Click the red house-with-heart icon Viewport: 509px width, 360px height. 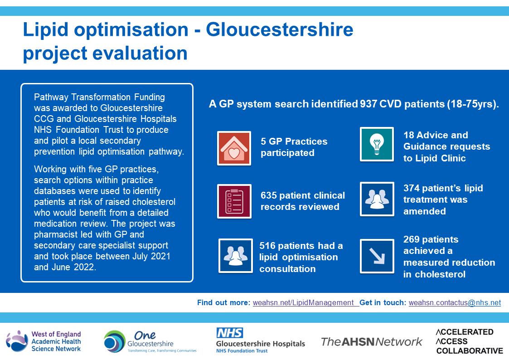[x=234, y=148]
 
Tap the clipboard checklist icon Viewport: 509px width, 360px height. [x=234, y=201]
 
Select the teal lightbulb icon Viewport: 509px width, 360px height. [x=377, y=144]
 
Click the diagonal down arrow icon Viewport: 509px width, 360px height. [x=377, y=256]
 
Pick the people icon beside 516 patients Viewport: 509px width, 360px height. [x=236, y=255]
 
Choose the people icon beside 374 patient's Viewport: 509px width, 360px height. [x=377, y=199]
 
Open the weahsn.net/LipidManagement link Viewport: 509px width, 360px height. [x=303, y=302]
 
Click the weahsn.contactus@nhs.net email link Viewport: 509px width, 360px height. [x=455, y=302]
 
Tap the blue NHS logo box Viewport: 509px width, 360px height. [x=230, y=333]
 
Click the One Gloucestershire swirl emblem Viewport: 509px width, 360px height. [x=115, y=341]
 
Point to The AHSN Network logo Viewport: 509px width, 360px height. [x=371, y=341]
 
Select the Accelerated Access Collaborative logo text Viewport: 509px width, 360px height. [x=469, y=341]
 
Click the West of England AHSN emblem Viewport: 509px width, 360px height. [x=17, y=341]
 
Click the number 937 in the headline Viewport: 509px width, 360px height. [x=368, y=104]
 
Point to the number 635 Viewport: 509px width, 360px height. [x=269, y=195]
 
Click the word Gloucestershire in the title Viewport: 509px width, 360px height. [x=280, y=29]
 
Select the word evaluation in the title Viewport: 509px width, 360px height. [x=140, y=53]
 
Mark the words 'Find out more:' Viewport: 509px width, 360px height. [x=223, y=302]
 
